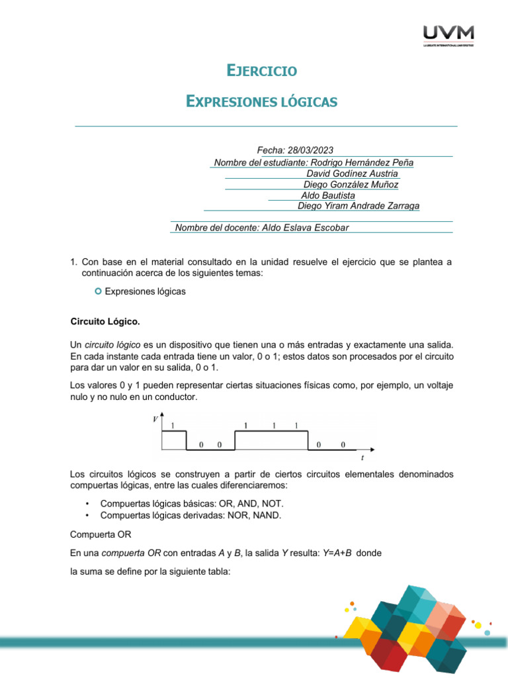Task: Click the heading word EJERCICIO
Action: point(261,70)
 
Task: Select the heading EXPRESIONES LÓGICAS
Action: point(262,101)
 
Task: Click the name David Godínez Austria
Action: point(352,173)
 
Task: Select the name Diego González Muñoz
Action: point(351,185)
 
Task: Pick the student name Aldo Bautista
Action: point(328,195)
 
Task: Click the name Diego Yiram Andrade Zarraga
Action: point(359,206)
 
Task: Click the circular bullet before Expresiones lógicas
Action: point(99,291)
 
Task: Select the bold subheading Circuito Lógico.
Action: point(105,322)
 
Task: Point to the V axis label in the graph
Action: point(155,419)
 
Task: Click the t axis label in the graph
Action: point(362,458)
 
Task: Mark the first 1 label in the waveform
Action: point(173,426)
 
